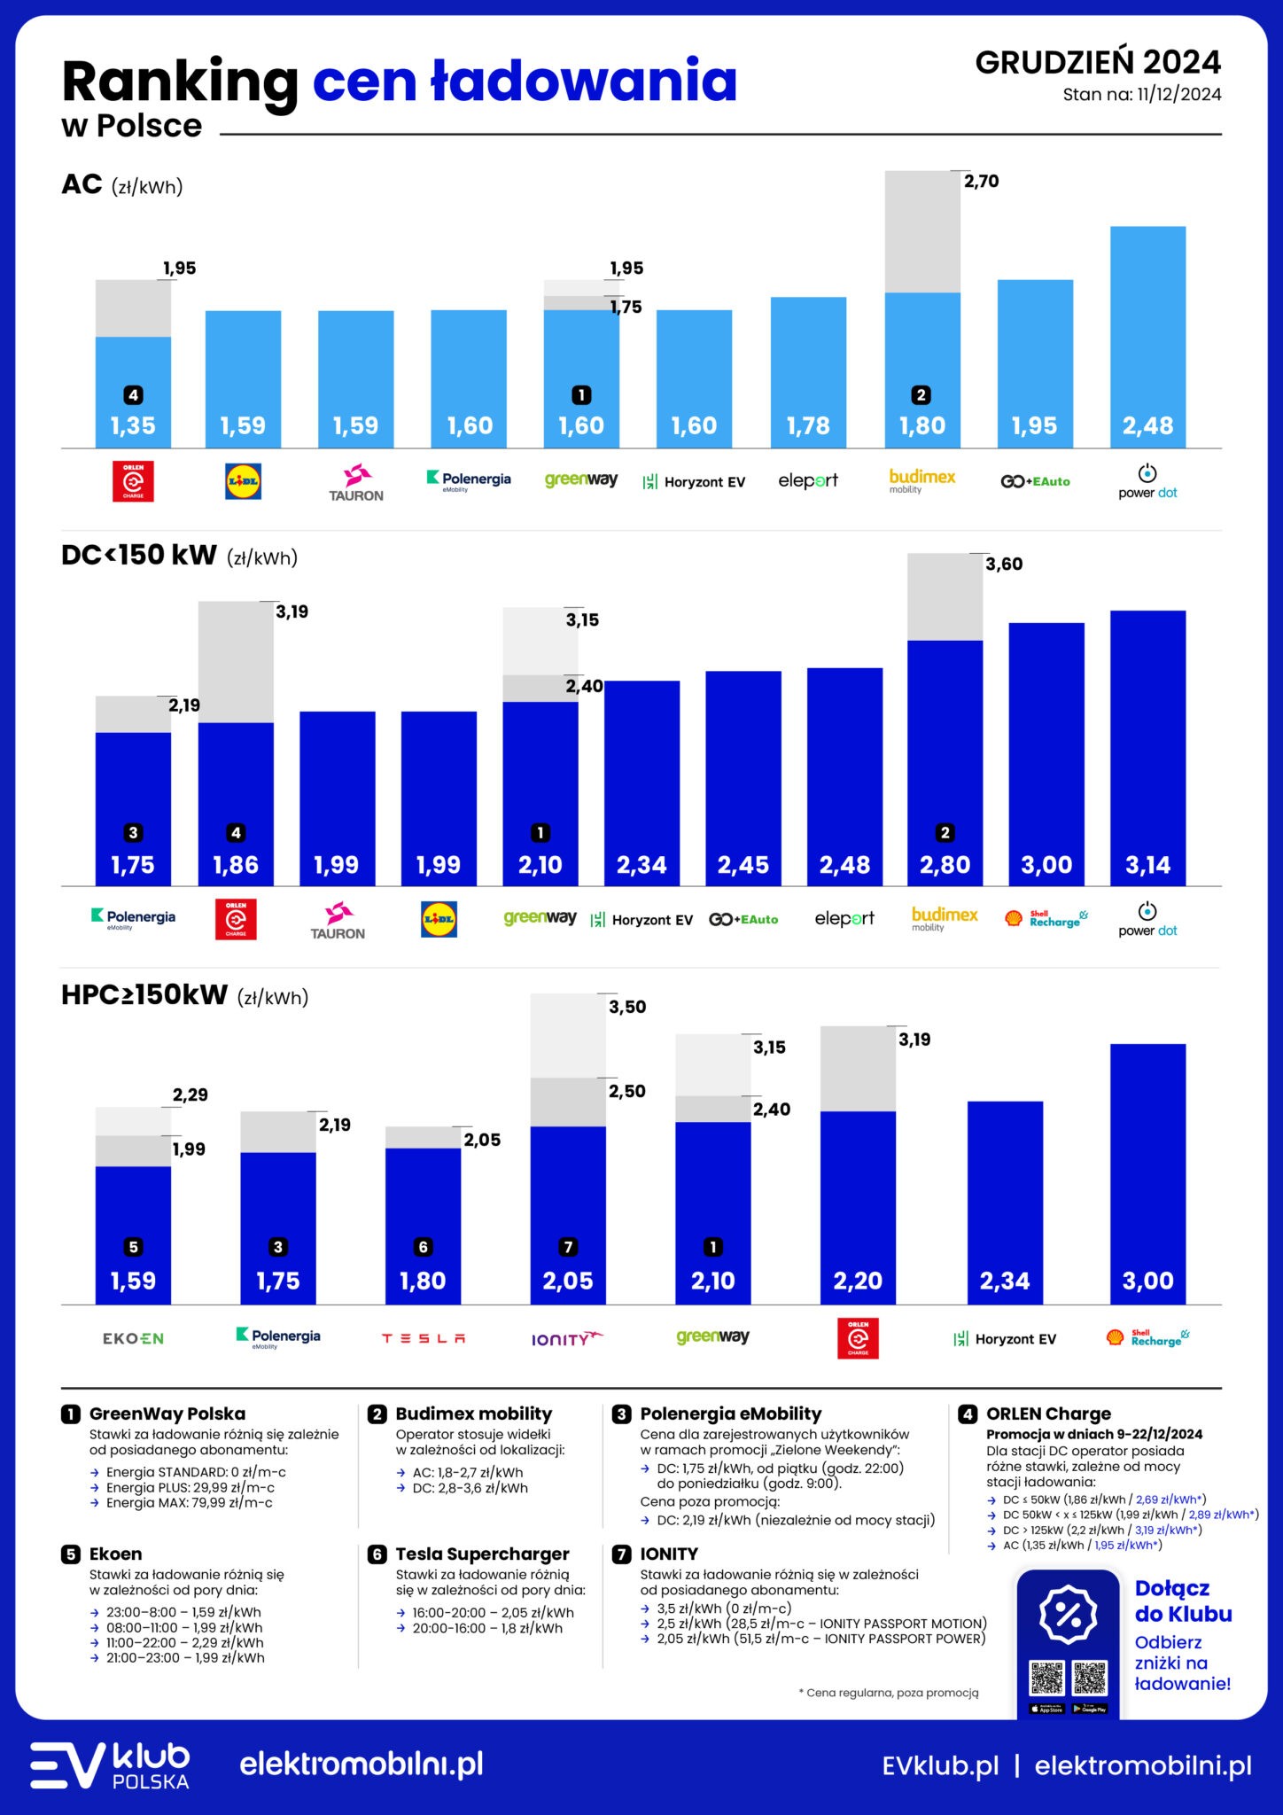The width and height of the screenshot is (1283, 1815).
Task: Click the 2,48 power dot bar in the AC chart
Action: [x=1147, y=337]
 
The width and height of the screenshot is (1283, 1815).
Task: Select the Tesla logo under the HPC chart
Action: [x=423, y=1338]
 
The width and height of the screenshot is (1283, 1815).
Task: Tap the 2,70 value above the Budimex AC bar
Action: [x=981, y=181]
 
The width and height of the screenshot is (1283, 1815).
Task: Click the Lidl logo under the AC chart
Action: [x=243, y=481]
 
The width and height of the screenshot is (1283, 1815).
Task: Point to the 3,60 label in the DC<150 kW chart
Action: [x=1004, y=564]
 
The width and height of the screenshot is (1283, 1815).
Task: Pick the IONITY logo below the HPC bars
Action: [x=567, y=1338]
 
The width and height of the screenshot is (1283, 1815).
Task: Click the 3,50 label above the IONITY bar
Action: [x=627, y=1007]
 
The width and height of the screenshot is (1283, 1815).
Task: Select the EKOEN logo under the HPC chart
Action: [x=133, y=1338]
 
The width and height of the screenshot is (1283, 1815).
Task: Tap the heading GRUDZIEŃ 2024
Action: [x=1098, y=62]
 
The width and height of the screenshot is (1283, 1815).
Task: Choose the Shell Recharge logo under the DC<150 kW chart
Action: [x=1046, y=918]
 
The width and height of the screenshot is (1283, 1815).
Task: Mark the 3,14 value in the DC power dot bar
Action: [x=1147, y=865]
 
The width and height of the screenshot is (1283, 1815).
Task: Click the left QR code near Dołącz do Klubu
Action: [x=1046, y=1678]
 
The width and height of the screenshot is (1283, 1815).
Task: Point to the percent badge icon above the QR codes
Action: [x=1068, y=1614]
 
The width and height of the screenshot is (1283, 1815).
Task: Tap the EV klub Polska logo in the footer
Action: [x=110, y=1765]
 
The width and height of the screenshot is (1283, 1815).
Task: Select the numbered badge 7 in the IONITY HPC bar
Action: [x=568, y=1247]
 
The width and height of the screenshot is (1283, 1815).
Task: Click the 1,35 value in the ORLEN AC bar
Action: [x=133, y=425]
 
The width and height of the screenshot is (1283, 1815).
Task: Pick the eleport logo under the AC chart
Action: [x=807, y=480]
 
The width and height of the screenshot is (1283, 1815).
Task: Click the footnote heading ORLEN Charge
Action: [x=1048, y=1414]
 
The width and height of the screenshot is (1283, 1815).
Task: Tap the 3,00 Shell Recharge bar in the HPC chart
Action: [x=1147, y=1170]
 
